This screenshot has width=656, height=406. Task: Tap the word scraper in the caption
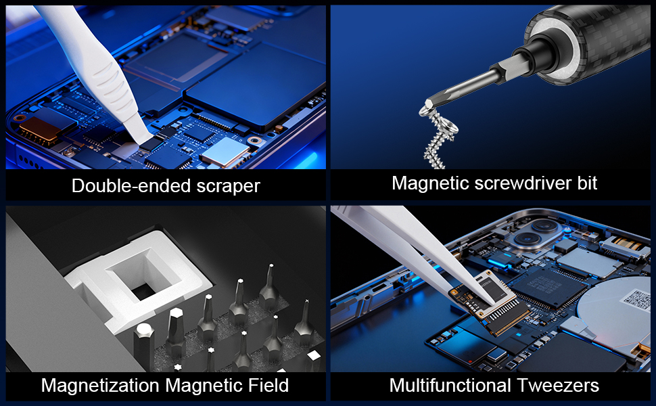pos(226,185)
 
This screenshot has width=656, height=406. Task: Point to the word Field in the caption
pos(266,386)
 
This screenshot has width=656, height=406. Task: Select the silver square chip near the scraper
pos(220,154)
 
